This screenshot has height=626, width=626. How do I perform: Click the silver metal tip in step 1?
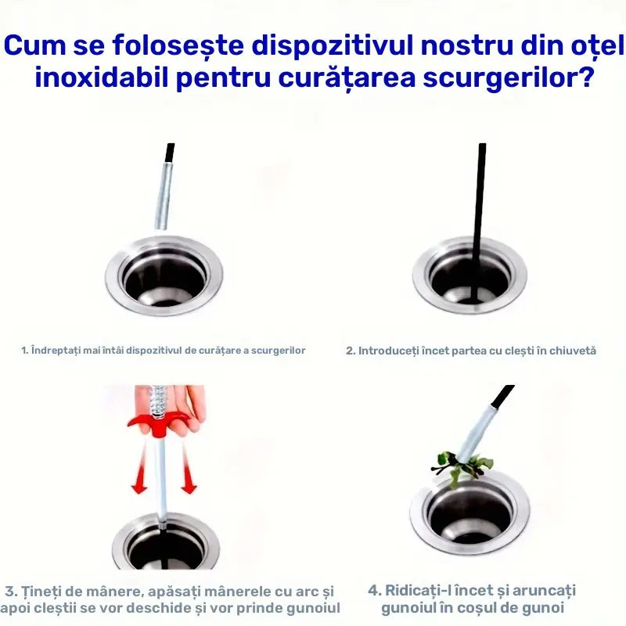(164, 196)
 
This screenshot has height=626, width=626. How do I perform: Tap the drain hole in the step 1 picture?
(164, 278)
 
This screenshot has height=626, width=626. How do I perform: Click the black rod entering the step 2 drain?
(478, 224)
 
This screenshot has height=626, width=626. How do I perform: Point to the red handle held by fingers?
(158, 424)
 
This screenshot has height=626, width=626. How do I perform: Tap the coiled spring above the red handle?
(158, 401)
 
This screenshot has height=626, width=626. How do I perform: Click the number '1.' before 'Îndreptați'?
(25, 351)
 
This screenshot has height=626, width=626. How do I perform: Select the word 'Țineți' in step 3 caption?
(40, 592)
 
